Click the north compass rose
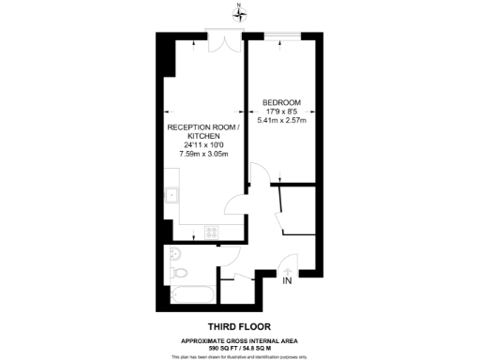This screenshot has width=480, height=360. (x=240, y=12)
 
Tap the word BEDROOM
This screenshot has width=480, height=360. (x=281, y=102)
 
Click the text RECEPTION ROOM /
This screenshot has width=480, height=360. (x=203, y=127)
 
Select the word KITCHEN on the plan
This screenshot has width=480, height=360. (x=203, y=136)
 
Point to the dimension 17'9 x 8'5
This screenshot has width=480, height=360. (x=281, y=112)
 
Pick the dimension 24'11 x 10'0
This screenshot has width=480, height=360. (x=203, y=145)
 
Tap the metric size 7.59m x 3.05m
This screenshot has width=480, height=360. (x=203, y=154)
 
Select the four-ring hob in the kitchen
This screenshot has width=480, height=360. (x=212, y=232)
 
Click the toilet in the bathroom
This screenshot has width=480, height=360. (x=181, y=273)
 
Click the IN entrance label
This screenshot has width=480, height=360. (x=288, y=281)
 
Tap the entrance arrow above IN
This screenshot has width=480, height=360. (x=288, y=270)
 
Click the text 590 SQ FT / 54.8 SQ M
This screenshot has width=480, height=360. (x=240, y=347)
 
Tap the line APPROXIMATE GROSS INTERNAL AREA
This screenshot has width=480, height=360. (x=240, y=339)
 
